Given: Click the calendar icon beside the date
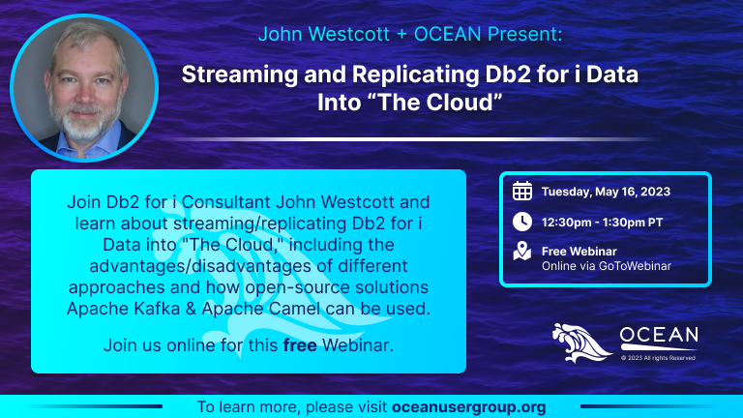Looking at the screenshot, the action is pyautogui.click(x=522, y=191).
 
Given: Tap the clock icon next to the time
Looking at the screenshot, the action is pyautogui.click(x=522, y=222).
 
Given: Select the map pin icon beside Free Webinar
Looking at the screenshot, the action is pyautogui.click(x=522, y=252).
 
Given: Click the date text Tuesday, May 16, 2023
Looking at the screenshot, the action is pyautogui.click(x=606, y=192).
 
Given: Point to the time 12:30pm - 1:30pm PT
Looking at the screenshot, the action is pyautogui.click(x=603, y=223).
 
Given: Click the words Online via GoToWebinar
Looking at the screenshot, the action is pyautogui.click(x=607, y=266).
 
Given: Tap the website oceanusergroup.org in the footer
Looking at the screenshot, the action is pyautogui.click(x=469, y=407).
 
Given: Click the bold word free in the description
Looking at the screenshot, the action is pyautogui.click(x=300, y=345).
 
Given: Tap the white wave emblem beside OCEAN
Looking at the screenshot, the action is pyautogui.click(x=581, y=343).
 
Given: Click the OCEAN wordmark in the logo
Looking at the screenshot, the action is pyautogui.click(x=659, y=335).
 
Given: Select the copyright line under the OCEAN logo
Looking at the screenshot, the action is pyautogui.click(x=658, y=358).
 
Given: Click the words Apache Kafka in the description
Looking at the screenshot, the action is pyautogui.click(x=124, y=309).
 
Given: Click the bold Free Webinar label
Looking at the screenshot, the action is pyautogui.click(x=580, y=252).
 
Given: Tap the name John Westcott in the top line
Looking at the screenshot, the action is pyautogui.click(x=324, y=34).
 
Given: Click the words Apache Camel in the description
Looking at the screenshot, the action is pyautogui.click(x=261, y=309).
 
